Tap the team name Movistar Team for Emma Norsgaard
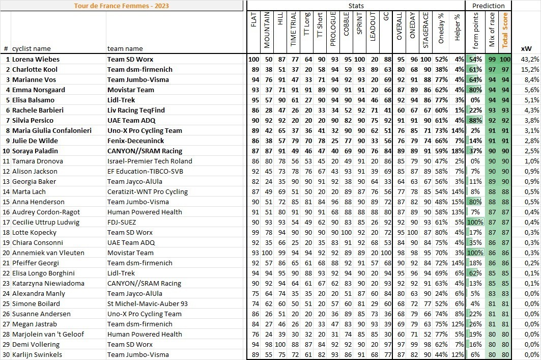click(130, 90)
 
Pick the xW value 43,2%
click(530, 59)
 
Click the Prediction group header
click(488, 6)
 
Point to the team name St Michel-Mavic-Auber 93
click(147, 303)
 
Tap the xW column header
click(527, 48)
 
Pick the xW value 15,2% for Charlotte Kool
click(530, 69)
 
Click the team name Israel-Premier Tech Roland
click(149, 161)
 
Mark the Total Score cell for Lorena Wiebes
click(505, 59)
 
